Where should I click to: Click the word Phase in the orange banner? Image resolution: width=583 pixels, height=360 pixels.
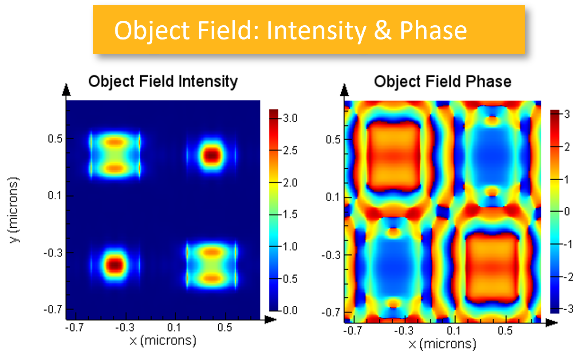[x=433, y=31]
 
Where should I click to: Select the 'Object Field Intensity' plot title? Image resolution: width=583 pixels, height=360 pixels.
[x=163, y=82]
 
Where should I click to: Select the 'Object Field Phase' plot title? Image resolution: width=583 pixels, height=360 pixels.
[x=442, y=82]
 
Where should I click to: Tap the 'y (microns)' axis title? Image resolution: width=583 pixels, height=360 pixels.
[x=16, y=210]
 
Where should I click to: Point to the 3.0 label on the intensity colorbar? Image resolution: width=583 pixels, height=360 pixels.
[x=291, y=119]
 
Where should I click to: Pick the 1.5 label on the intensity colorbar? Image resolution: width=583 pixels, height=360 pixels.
[x=291, y=214]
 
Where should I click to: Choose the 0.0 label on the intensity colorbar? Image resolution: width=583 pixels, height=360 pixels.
[x=291, y=310]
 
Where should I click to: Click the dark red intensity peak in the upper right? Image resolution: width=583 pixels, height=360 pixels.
[x=212, y=155]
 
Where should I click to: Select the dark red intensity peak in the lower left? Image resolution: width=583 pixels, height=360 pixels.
[x=115, y=265]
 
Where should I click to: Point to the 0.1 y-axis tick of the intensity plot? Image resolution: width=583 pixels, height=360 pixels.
[x=55, y=196]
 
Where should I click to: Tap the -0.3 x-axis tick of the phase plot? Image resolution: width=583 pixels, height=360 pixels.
[x=403, y=331]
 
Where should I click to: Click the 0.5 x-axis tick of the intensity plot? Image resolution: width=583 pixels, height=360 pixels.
[x=225, y=328]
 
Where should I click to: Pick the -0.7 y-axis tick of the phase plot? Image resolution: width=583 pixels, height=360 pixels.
[x=332, y=313]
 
